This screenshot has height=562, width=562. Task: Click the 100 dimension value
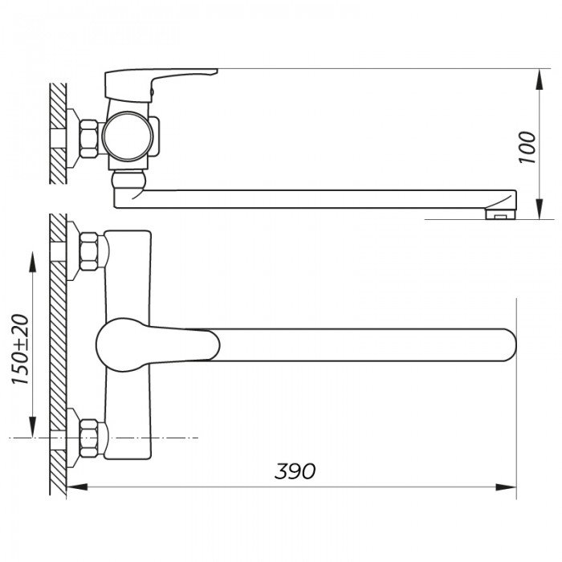click(527, 147)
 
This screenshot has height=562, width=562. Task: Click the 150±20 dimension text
click(21, 349)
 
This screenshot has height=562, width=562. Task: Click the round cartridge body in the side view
click(127, 133)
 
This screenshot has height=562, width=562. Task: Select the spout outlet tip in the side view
click(500, 212)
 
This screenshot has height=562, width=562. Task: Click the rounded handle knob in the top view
click(120, 344)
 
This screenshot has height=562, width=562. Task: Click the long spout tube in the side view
click(321, 198)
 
